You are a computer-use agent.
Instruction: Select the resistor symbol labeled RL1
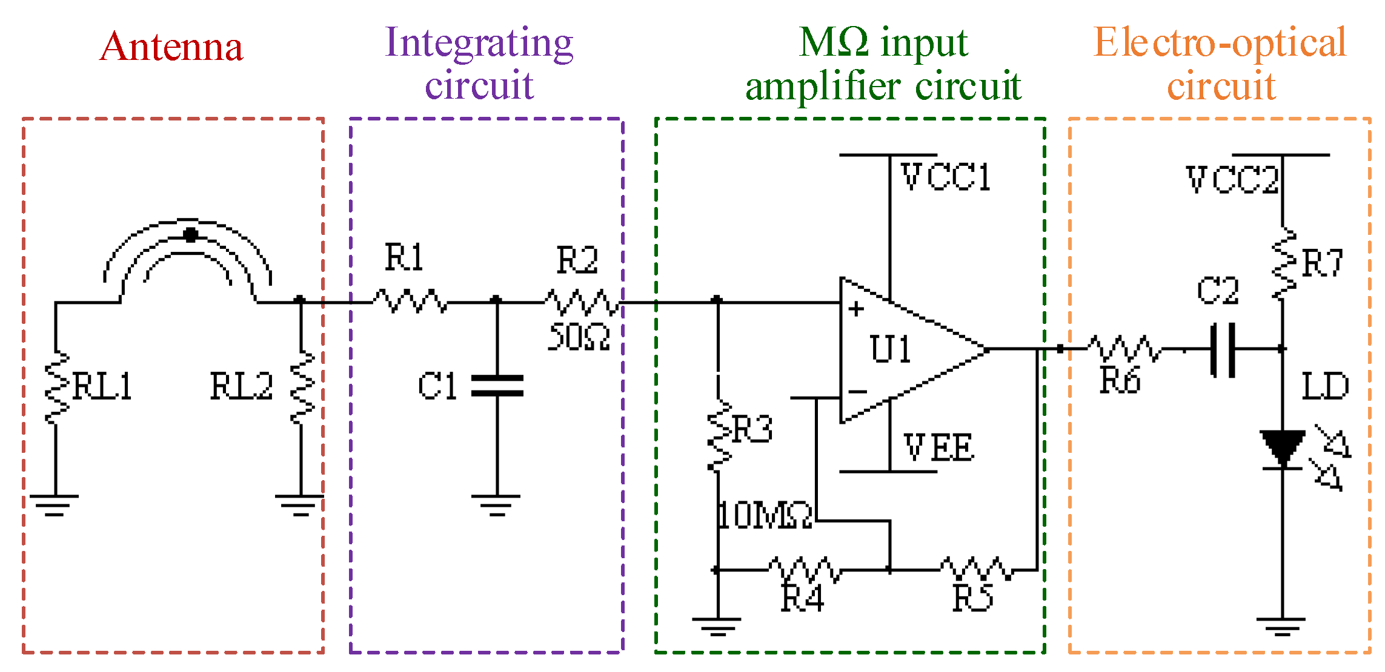(x=56, y=387)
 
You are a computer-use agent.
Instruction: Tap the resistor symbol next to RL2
(x=302, y=387)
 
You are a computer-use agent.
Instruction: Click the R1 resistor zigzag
(x=411, y=301)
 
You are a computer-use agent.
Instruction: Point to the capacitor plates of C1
(x=497, y=386)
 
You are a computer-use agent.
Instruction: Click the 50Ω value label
(x=579, y=337)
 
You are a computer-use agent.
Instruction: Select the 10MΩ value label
(x=765, y=516)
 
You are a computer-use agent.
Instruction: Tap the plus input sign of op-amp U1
(x=856, y=309)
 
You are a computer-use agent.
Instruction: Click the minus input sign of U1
(x=857, y=392)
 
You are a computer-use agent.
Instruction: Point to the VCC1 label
(x=945, y=177)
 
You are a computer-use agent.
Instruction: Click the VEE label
(x=938, y=447)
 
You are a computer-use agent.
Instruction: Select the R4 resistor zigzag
(x=805, y=569)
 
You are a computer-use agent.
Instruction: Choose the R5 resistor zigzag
(x=975, y=569)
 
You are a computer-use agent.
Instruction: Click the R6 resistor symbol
(x=1124, y=349)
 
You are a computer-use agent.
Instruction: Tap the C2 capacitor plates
(x=1223, y=350)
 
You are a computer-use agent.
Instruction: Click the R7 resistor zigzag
(x=1283, y=263)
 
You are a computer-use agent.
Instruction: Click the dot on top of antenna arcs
(x=191, y=235)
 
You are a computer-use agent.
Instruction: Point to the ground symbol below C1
(x=496, y=504)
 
